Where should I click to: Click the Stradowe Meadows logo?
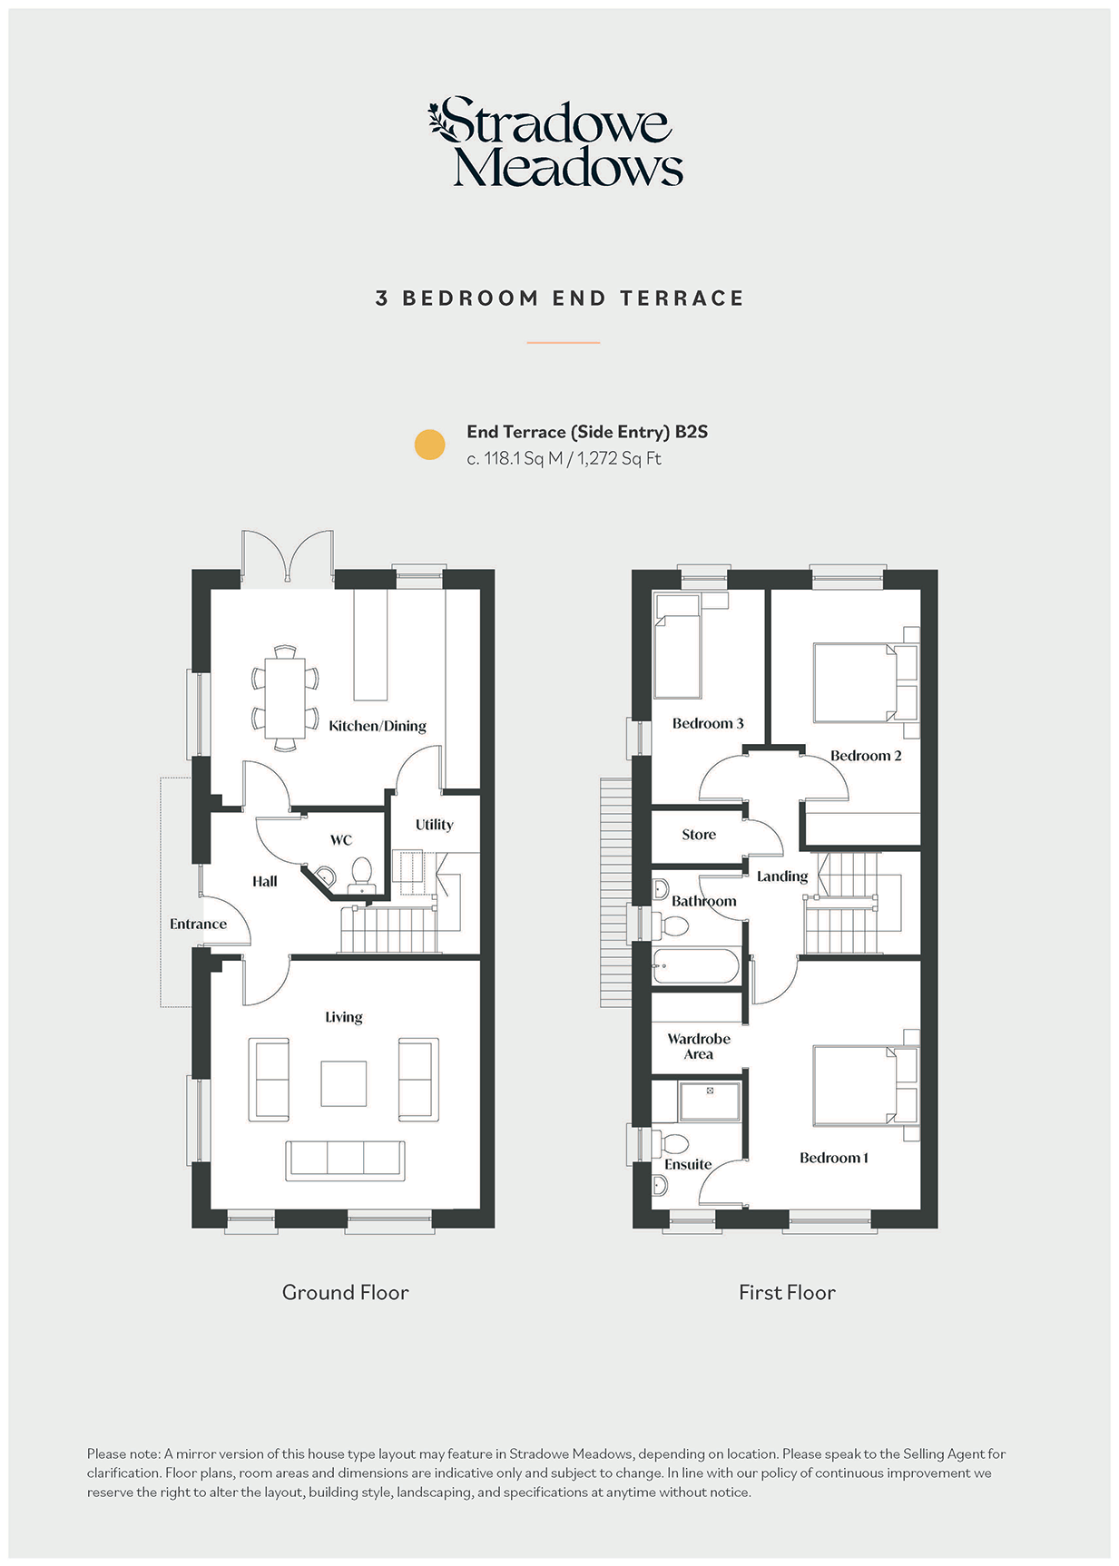(x=555, y=142)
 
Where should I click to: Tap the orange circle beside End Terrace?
(x=429, y=445)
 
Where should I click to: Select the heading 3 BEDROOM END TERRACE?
(x=560, y=299)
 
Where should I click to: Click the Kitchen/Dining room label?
(x=378, y=726)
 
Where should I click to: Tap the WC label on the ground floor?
(x=341, y=840)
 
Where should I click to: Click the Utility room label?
(x=434, y=825)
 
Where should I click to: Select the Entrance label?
(x=198, y=924)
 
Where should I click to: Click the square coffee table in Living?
(x=344, y=1083)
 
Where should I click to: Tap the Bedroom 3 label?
(x=708, y=723)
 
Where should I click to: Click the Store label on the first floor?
(x=699, y=835)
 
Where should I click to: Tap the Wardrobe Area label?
(x=699, y=1046)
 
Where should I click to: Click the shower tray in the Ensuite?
(x=710, y=1101)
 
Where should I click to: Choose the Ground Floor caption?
(x=346, y=1292)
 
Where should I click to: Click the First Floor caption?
(x=787, y=1292)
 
